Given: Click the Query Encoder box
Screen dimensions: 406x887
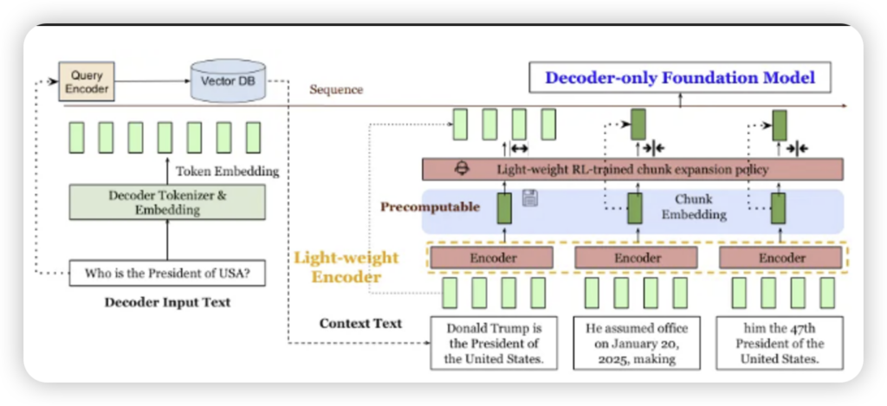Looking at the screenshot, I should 86,82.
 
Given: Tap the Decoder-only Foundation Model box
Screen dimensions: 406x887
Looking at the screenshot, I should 680,78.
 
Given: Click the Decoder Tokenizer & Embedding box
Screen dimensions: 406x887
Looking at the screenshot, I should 167,202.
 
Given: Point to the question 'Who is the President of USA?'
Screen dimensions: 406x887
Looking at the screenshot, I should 167,274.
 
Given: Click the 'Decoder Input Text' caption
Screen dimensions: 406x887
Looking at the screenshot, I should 167,303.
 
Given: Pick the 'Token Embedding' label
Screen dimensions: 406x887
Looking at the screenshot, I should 228,171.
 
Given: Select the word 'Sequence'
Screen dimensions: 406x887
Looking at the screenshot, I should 336,90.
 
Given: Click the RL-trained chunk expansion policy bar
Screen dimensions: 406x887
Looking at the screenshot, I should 632,169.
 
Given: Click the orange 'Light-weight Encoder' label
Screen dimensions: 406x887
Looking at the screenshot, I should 346,267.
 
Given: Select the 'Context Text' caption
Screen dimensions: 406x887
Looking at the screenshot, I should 360,324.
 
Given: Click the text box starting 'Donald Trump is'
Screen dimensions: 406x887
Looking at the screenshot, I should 494,344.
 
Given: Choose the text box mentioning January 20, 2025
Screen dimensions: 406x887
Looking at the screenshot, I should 636,344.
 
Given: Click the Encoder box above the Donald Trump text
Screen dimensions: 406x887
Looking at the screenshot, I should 493,257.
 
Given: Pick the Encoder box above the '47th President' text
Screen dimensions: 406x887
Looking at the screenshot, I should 781,257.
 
